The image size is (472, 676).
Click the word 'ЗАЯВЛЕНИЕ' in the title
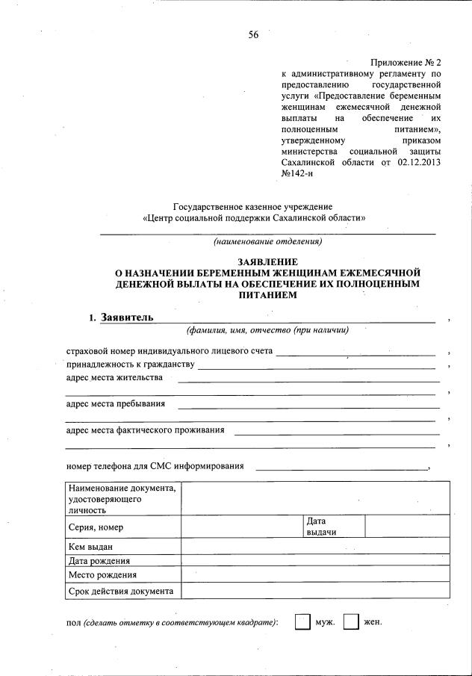[x=267, y=262]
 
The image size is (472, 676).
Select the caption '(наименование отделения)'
[x=267, y=242]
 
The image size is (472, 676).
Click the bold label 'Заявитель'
[x=127, y=317]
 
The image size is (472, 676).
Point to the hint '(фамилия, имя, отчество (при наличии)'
[x=267, y=330]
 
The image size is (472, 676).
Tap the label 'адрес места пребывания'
[x=116, y=404]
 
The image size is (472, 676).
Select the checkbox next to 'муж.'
[x=302, y=622]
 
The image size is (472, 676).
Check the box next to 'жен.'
[x=351, y=622]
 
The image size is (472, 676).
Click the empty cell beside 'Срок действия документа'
[x=315, y=591]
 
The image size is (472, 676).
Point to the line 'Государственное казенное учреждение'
[x=253, y=206]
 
